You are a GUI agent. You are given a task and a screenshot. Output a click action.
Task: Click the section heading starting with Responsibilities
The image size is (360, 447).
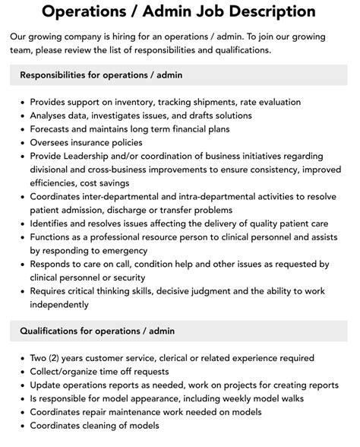click(101, 75)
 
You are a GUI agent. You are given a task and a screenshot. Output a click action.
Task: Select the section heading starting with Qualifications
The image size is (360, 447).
click(96, 332)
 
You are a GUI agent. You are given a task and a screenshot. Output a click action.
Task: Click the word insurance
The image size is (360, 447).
click(105, 143)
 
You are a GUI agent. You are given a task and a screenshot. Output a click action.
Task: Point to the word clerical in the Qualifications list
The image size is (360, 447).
click(194, 359)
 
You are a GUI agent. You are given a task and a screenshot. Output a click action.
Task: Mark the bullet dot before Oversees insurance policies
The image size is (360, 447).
click(21, 144)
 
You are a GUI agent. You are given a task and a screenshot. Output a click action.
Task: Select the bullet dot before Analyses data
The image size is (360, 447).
click(21, 116)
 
